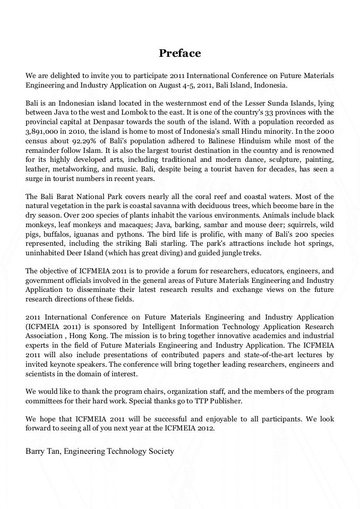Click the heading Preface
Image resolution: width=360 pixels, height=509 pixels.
point(180,53)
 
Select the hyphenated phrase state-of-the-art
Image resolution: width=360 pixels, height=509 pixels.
point(278,355)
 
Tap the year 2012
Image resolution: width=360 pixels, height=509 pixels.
point(205,429)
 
